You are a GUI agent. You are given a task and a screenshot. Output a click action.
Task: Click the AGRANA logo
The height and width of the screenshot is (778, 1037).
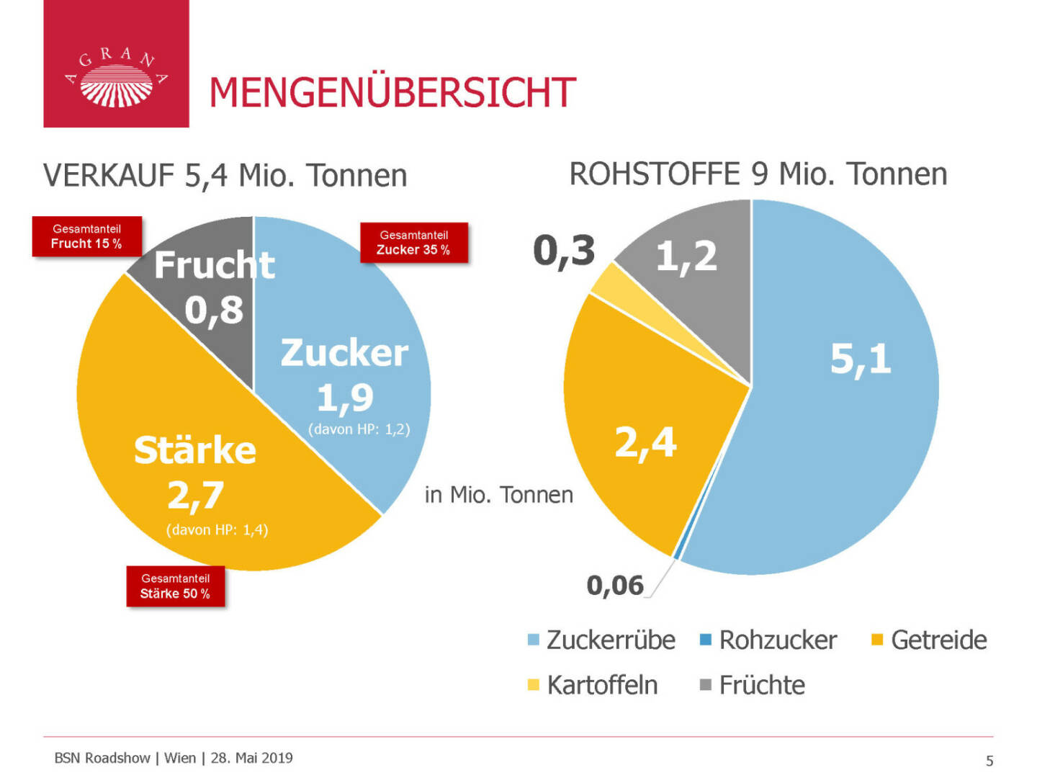tap(116, 77)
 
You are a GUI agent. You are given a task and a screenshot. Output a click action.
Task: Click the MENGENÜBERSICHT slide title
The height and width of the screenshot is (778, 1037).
tap(392, 93)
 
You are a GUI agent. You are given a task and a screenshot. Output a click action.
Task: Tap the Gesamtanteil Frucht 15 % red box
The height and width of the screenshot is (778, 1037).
tap(86, 236)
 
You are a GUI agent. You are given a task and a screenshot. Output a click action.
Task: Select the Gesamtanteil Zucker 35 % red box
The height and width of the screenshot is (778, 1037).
tap(414, 243)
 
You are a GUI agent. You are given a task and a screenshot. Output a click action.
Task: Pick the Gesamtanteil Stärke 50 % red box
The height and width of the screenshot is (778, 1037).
tap(176, 586)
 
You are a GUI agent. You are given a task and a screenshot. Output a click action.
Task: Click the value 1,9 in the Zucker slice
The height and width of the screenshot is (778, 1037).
tap(345, 398)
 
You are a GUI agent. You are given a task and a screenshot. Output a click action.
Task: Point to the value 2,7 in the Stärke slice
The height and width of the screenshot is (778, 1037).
tap(195, 496)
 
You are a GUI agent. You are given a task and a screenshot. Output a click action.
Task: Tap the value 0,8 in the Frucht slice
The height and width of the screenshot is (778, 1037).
tap(214, 310)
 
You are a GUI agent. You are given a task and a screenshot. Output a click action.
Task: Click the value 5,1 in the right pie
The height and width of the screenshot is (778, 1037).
tap(860, 359)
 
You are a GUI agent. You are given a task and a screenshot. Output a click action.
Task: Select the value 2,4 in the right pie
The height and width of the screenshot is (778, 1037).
tap(645, 442)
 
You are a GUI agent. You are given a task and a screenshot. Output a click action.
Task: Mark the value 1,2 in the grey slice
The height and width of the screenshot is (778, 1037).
tap(686, 256)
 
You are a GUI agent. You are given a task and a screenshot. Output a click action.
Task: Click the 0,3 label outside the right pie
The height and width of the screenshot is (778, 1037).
tap(564, 251)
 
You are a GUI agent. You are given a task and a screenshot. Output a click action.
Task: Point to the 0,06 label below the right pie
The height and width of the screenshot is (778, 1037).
tap(615, 586)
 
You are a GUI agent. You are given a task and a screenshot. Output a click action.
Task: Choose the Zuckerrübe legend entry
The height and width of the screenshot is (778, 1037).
tap(602, 640)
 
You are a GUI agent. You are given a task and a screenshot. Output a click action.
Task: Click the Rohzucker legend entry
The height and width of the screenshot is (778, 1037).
tap(769, 640)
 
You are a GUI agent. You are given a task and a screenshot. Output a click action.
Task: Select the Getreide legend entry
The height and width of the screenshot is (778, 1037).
tap(929, 640)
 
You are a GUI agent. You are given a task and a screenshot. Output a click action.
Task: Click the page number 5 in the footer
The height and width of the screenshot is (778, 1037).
tap(989, 761)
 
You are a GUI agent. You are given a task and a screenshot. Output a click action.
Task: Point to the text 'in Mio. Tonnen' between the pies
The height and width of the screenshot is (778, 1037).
tap(498, 495)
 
